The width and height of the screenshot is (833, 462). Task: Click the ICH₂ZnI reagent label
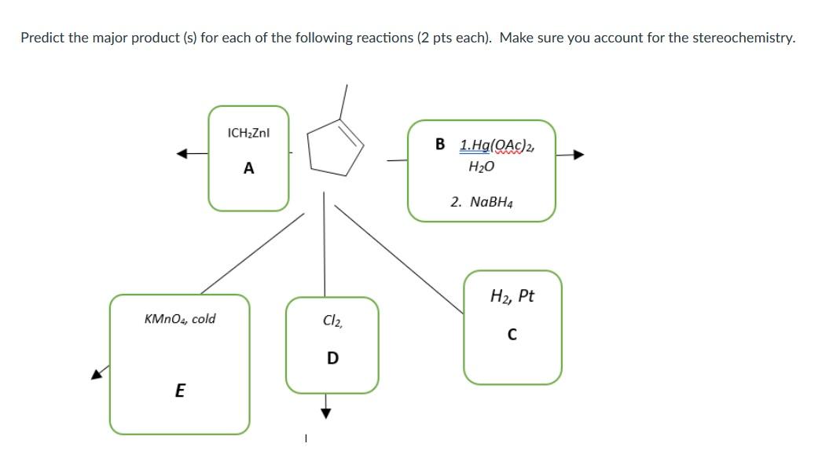tap(248, 134)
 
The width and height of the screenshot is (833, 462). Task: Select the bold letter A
tap(248, 167)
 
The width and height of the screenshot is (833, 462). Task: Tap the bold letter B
tap(440, 145)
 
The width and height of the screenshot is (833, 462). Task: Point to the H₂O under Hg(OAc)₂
tap(481, 167)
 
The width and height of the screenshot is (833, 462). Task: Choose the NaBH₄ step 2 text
tap(482, 202)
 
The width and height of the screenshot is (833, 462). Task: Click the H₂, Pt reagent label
tap(512, 296)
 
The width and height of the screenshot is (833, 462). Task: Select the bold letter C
tap(512, 334)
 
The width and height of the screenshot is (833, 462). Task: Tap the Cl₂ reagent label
tap(332, 321)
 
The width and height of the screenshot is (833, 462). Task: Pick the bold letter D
tap(332, 358)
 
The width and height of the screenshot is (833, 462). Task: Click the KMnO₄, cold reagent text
tap(180, 319)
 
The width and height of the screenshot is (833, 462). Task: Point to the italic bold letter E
tap(179, 390)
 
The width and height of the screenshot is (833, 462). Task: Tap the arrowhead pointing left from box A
tap(181, 155)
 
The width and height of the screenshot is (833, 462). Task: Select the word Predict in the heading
tap(42, 38)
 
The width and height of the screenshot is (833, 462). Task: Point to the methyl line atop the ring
tap(343, 101)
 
